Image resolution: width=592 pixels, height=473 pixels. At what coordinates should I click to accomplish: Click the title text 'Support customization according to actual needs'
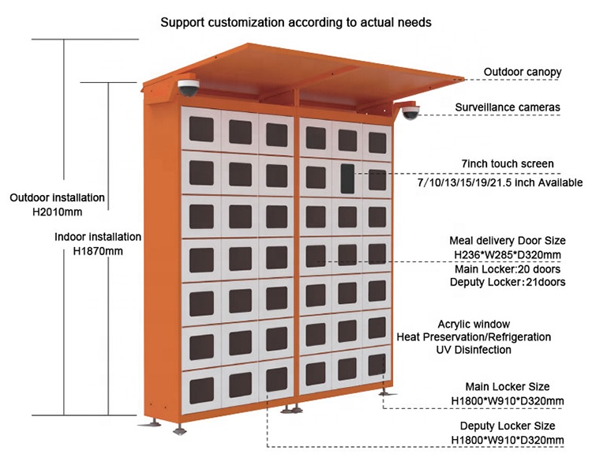[x=296, y=22]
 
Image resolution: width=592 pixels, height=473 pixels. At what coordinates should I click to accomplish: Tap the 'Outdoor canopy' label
[x=522, y=72]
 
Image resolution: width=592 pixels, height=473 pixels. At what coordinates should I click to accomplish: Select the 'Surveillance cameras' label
[x=508, y=107]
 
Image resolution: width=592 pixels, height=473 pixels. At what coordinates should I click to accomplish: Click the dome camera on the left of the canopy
[x=189, y=86]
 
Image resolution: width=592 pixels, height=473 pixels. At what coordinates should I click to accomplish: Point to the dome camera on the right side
[x=410, y=113]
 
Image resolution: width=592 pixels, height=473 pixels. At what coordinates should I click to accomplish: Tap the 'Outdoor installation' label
[x=58, y=197]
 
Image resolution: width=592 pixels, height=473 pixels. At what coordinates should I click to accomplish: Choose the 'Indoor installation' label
[x=99, y=237]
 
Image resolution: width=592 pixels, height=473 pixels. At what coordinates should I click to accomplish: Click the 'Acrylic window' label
[x=474, y=324]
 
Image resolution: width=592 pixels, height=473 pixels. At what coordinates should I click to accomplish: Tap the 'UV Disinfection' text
[x=474, y=350]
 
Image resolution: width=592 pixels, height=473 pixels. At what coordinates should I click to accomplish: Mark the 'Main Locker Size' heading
[x=506, y=387]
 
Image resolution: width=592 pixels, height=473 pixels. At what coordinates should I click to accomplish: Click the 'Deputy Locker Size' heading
[x=506, y=426]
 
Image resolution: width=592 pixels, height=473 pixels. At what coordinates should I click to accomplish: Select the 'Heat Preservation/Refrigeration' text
[x=474, y=337]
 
